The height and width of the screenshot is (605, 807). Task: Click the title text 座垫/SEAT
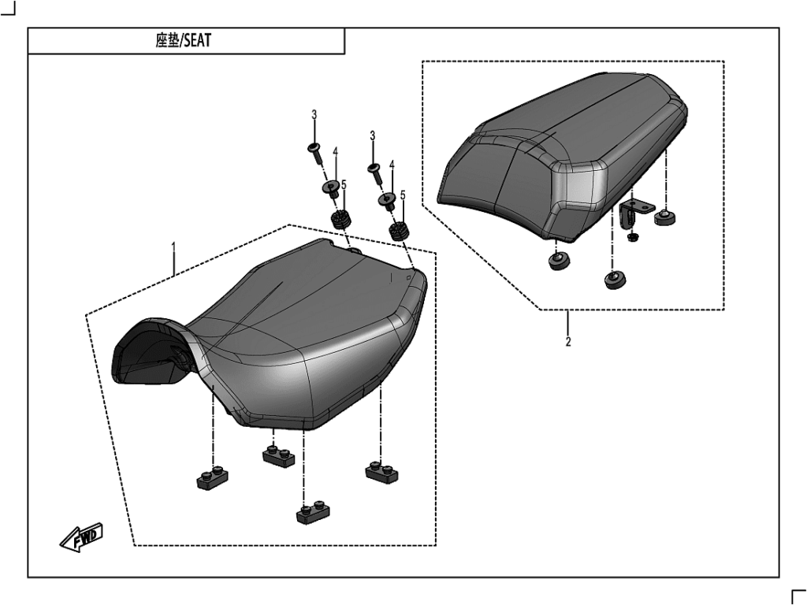click(x=183, y=41)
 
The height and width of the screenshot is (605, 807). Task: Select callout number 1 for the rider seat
click(x=173, y=246)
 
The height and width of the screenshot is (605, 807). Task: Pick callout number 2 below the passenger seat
click(x=568, y=342)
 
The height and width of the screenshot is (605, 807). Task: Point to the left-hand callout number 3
click(x=314, y=115)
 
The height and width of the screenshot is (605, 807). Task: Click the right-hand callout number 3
click(x=373, y=135)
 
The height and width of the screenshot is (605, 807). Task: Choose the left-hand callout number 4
click(x=335, y=152)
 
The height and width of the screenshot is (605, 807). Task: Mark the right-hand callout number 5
click(x=403, y=195)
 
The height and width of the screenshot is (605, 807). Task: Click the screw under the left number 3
click(x=315, y=153)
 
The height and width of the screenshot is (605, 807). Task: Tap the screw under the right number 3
click(x=374, y=172)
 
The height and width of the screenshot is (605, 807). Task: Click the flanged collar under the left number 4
click(x=331, y=189)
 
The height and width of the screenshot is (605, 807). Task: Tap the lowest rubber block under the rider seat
click(x=312, y=513)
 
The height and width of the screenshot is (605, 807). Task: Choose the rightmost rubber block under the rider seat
click(x=382, y=472)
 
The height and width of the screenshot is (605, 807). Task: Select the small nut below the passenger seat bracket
click(x=633, y=236)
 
